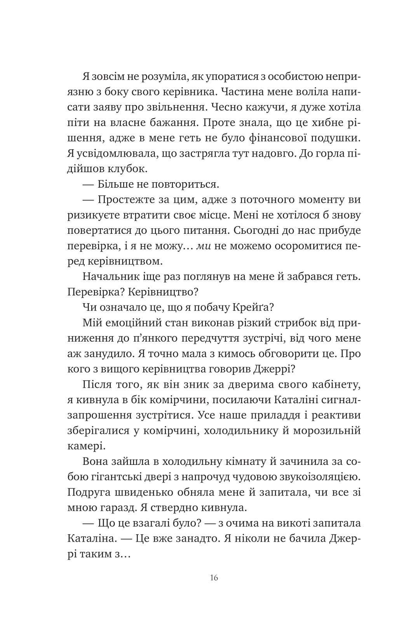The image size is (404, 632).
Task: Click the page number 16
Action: (214, 578)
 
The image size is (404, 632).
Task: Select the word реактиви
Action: (336, 415)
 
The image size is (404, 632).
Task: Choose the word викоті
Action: (283, 523)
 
